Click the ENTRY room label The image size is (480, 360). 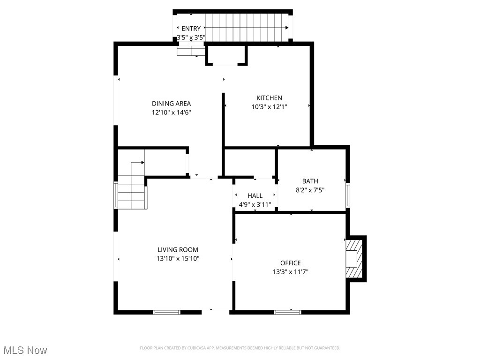tap(191, 29)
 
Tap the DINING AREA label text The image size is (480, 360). tap(171, 104)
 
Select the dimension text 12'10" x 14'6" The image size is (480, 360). tap(171, 112)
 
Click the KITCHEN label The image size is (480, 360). tap(269, 98)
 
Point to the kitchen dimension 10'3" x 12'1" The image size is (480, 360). tap(269, 107)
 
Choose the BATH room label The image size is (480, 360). tap(310, 181)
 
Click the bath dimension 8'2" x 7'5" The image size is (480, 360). tap(310, 190)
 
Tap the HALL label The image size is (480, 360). tap(255, 195)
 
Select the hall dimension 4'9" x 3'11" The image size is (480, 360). tap(255, 204)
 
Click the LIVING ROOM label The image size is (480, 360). tap(178, 250)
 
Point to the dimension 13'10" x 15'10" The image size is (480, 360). tap(178, 259)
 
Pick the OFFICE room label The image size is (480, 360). tap(291, 263)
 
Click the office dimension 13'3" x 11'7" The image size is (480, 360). tap(291, 272)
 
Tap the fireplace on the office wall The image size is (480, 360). tap(355, 259)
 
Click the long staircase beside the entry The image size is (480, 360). tap(247, 28)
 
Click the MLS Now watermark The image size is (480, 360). tap(25, 350)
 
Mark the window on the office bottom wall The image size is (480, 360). tap(287, 312)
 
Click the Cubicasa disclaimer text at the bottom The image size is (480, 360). tap(240, 348)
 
